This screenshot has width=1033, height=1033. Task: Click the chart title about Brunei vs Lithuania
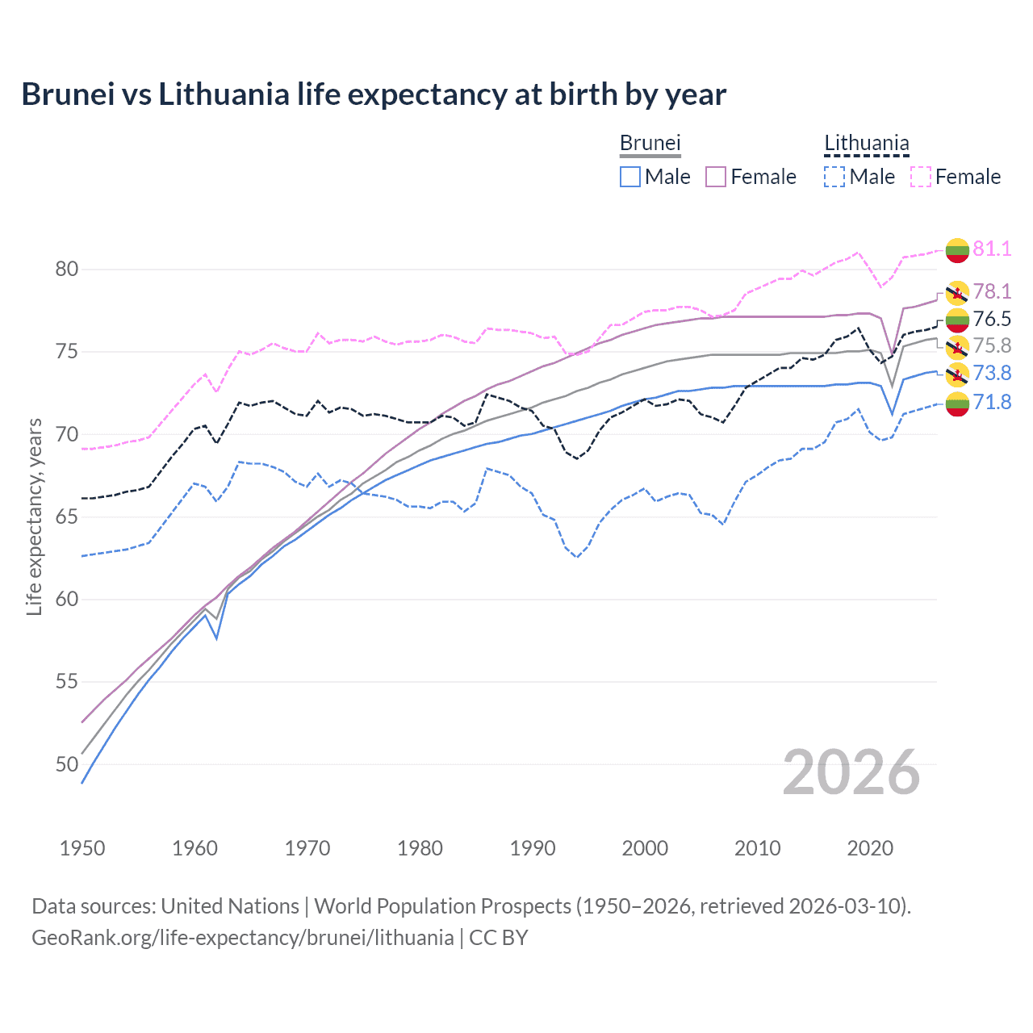374,94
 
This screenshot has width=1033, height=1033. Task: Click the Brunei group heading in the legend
650,144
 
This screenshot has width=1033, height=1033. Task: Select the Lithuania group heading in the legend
866,144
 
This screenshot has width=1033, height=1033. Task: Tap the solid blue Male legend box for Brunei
630,177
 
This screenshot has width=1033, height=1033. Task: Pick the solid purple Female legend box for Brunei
716,177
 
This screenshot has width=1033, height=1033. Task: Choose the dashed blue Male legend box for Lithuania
834,177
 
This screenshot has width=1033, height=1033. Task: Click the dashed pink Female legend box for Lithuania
921,177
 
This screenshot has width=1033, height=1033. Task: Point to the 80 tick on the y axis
67,270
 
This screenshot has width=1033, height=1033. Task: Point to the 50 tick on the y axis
67,764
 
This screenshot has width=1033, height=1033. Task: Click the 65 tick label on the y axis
67,517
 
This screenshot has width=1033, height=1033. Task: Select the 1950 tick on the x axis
82,848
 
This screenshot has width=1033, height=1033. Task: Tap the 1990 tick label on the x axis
533,848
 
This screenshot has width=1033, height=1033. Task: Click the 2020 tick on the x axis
870,848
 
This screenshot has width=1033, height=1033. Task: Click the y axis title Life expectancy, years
35,517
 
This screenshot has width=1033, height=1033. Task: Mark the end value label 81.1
992,249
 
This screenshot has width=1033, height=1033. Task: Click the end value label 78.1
992,291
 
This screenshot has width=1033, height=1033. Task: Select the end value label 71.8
992,402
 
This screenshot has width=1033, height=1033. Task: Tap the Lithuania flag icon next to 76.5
957,320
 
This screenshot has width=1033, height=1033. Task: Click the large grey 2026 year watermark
851,772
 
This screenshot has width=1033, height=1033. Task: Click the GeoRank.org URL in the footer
242,938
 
